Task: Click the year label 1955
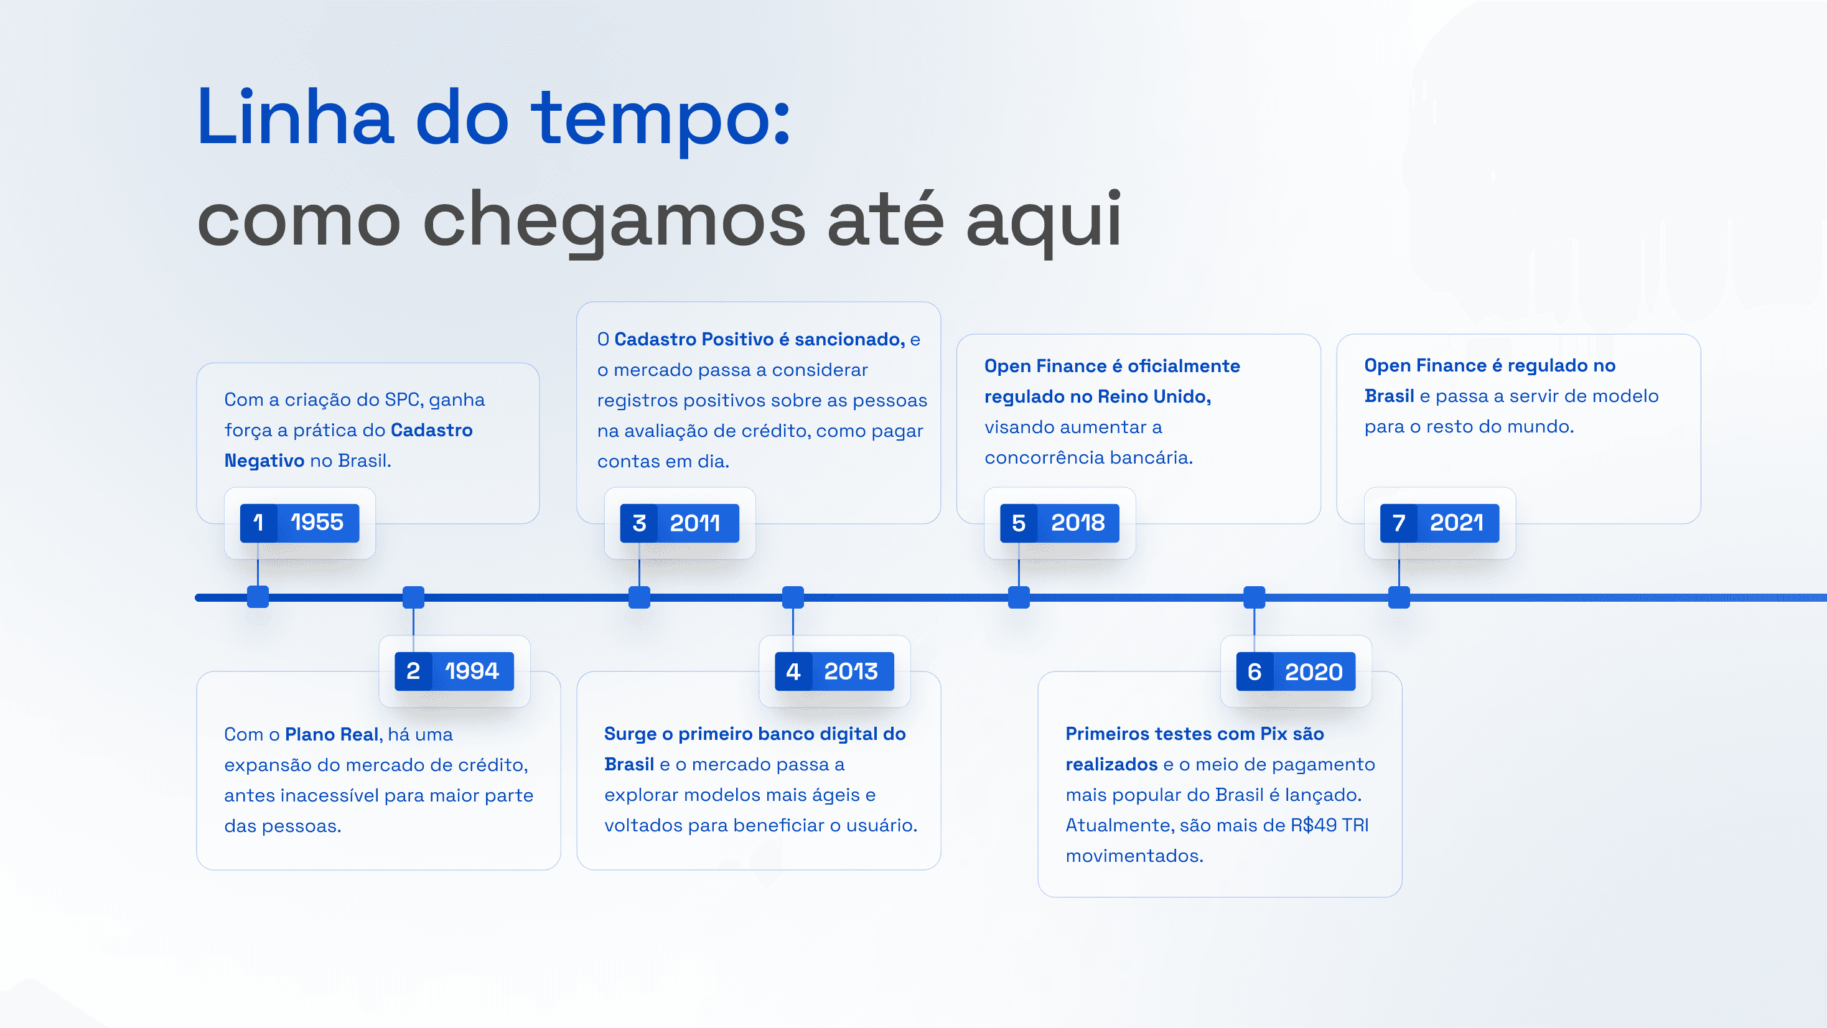(317, 523)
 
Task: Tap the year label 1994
(472, 671)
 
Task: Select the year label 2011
(695, 523)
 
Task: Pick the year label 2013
(851, 671)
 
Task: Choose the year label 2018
(1077, 523)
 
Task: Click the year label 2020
(1313, 672)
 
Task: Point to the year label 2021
(1456, 523)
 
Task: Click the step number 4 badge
(793, 671)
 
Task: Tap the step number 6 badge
(1255, 672)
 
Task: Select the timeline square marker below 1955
(258, 597)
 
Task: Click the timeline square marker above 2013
(793, 597)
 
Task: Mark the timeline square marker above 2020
(1254, 597)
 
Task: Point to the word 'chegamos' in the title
(614, 220)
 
